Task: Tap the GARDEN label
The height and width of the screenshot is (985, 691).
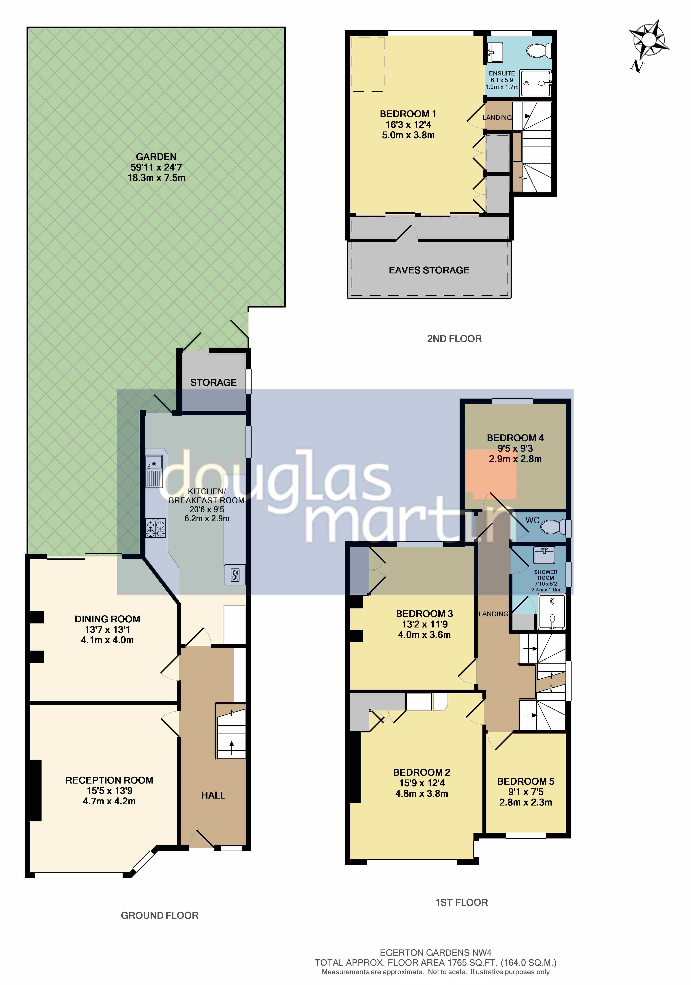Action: tap(156, 157)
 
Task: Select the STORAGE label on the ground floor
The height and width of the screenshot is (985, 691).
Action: tap(213, 382)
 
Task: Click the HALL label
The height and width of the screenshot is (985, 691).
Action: tap(213, 795)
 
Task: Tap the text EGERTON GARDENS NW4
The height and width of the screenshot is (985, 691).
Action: tap(436, 953)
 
